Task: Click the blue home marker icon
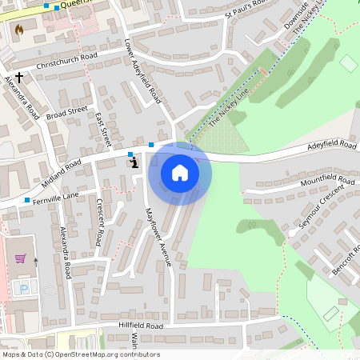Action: (179, 173)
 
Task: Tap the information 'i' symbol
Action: (134, 162)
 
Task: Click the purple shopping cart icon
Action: (20, 258)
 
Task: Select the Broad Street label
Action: (66, 114)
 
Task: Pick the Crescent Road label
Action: (99, 222)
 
